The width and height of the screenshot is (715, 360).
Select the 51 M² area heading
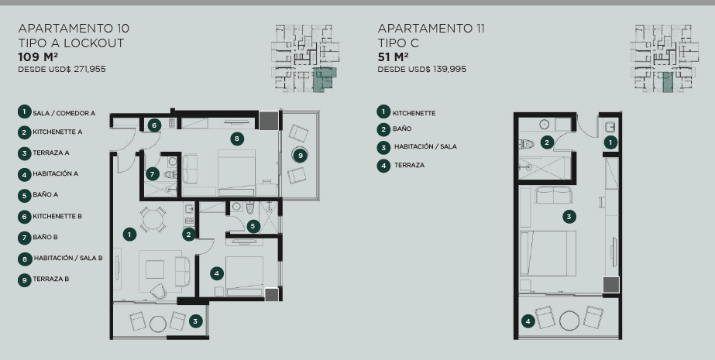pos(393,57)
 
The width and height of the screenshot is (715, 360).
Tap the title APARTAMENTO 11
pos(431,29)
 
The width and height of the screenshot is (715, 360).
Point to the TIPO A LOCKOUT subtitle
pos(71,43)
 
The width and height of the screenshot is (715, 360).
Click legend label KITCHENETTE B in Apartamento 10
pos(57,217)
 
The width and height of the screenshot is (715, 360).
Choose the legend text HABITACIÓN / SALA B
pos(68,258)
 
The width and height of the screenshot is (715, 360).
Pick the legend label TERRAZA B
pos(50,279)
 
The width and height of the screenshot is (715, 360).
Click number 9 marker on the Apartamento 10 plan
pos(300,156)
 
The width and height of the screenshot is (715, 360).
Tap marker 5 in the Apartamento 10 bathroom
pos(253,226)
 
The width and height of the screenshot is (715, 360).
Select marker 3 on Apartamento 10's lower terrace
pos(195,321)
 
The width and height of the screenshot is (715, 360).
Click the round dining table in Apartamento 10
pos(153,220)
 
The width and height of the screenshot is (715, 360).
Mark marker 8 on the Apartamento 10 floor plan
pos(237,139)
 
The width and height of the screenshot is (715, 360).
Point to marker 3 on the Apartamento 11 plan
pos(569,217)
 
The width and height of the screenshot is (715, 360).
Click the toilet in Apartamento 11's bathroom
pos(526,145)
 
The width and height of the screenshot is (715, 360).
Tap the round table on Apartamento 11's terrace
pos(569,321)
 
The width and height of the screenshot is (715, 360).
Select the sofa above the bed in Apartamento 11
pos(554,194)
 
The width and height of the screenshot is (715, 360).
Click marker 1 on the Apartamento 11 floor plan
pos(610,142)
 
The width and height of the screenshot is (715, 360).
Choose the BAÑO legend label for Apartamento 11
pos(402,129)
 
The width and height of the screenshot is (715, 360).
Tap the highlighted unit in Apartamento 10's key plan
pos(324,79)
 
